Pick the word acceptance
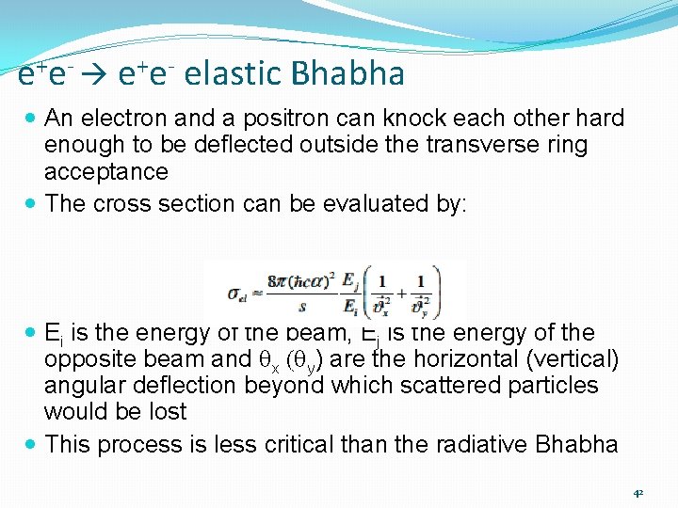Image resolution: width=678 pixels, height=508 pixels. pyautogui.click(x=106, y=171)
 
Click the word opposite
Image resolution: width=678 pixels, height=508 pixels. pyautogui.click(x=89, y=358)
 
